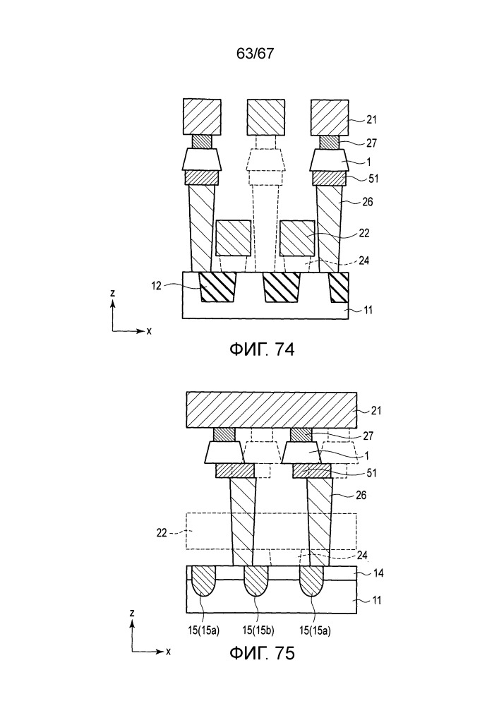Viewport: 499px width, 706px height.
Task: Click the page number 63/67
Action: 255,54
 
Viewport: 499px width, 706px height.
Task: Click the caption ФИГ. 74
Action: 263,349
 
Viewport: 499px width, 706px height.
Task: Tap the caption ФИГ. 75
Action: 263,652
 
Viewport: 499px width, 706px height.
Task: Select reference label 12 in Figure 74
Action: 156,286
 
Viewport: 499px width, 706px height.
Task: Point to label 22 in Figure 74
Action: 364,233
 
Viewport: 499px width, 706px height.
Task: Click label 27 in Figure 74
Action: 372,143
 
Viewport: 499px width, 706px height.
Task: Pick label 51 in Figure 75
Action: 371,473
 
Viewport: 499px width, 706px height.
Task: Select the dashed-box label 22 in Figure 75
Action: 162,532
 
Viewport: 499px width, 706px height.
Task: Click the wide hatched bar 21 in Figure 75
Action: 272,409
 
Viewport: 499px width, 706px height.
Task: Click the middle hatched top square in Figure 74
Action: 266,117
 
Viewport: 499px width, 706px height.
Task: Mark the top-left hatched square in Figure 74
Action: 202,117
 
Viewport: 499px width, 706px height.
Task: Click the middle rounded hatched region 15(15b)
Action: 256,581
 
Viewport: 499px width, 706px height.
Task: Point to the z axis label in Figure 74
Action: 112,293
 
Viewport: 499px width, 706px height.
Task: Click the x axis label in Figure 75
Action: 168,652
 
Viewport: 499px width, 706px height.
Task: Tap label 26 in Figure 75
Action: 361,496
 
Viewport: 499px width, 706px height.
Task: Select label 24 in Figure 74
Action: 363,261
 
